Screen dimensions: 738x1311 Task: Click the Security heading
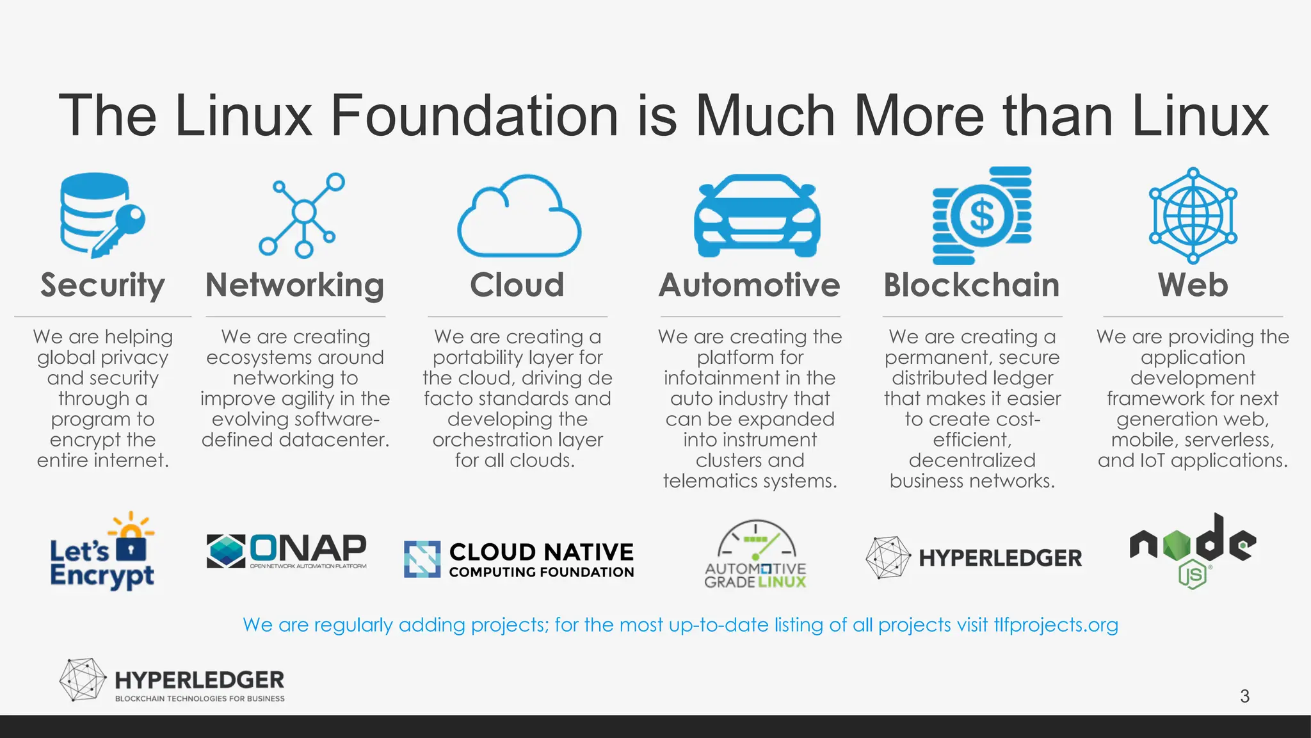pyautogui.click(x=102, y=285)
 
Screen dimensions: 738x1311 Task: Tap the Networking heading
pyautogui.click(x=294, y=285)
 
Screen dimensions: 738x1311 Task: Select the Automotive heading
pyautogui.click(x=749, y=285)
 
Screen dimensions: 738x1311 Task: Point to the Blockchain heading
pyautogui.click(x=971, y=285)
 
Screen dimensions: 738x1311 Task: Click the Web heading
pyautogui.click(x=1193, y=285)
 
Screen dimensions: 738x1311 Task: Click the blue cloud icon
pyautogui.click(x=519, y=218)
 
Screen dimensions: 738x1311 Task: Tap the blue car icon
pyautogui.click(x=757, y=217)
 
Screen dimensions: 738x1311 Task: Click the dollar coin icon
pyautogui.click(x=982, y=216)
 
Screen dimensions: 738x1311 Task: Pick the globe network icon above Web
pyautogui.click(x=1193, y=215)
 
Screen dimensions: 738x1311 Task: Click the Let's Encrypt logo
pyautogui.click(x=102, y=552)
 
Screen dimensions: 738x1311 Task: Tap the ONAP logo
pyautogui.click(x=287, y=551)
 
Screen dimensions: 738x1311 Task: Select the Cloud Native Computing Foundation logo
pyautogui.click(x=519, y=559)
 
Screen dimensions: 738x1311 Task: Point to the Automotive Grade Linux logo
pyautogui.click(x=755, y=555)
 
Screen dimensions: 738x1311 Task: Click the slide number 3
pyautogui.click(x=1244, y=696)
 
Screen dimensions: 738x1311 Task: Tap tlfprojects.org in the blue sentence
pyautogui.click(x=1056, y=625)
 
